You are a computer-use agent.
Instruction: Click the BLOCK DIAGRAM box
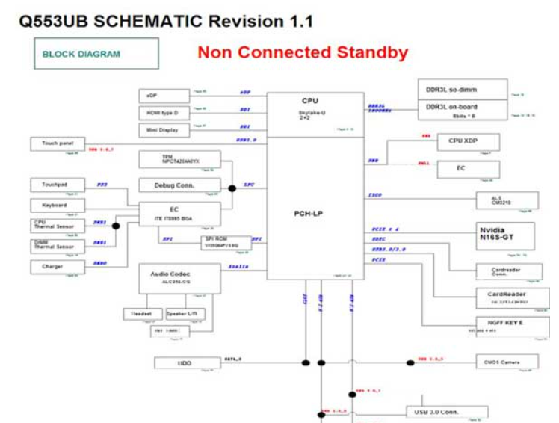tap(96, 54)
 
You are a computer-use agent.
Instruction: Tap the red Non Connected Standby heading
tap(303, 53)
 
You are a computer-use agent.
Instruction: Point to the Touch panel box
tap(57, 143)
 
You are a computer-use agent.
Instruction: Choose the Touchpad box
tap(54, 185)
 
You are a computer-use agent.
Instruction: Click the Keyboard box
tap(54, 205)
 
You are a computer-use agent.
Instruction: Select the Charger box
tap(54, 267)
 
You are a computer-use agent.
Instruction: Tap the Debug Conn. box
tap(179, 185)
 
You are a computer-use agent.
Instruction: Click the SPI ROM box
tap(223, 242)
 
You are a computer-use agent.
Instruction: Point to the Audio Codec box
tap(179, 279)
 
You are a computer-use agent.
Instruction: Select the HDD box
tap(185, 363)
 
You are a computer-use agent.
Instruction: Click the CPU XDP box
tap(467, 141)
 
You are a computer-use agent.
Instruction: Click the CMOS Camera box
tap(506, 363)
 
